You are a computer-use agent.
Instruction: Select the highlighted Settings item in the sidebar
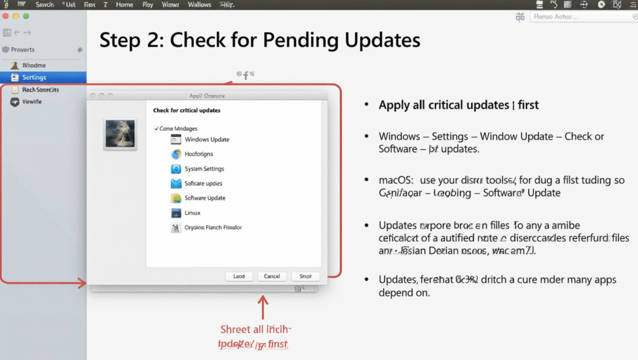34,77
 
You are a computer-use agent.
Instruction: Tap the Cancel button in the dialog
272,276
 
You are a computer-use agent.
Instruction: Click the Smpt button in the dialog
305,276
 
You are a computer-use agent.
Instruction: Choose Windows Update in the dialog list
207,140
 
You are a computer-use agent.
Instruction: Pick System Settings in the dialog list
204,169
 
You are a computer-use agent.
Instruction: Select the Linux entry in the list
193,213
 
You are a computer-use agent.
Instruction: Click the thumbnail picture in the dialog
120,133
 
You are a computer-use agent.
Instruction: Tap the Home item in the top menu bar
125,4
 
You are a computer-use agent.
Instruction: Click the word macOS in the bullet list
395,181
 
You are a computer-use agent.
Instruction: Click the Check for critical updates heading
186,110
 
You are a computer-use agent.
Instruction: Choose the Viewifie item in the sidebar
32,102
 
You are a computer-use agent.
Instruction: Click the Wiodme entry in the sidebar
34,65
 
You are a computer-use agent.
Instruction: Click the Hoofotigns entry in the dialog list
199,154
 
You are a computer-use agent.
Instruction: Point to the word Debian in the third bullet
437,251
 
